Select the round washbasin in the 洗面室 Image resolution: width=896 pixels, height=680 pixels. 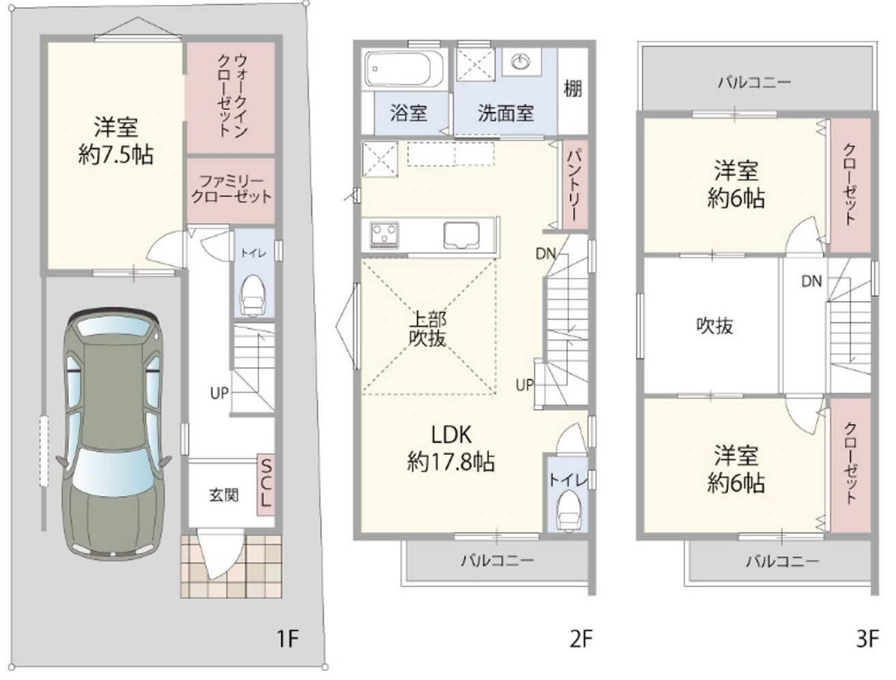coord(521,62)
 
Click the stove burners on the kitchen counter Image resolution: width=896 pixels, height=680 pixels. coord(384,234)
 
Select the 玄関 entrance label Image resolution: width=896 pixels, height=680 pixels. coord(224,495)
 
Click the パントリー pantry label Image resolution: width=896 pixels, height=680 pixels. coord(573,184)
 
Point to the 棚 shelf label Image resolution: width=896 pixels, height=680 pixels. coord(572,88)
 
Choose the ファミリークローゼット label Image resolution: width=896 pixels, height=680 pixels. coord(231,189)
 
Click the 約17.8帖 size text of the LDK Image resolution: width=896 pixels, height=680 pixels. coord(451,462)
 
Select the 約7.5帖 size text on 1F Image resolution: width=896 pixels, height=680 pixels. coord(115,155)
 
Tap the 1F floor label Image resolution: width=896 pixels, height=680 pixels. coord(288,638)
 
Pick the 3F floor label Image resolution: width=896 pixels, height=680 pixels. coord(867,638)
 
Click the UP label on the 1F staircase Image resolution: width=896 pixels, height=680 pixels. coord(219,393)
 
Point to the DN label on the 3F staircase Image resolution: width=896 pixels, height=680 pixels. coord(811,281)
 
